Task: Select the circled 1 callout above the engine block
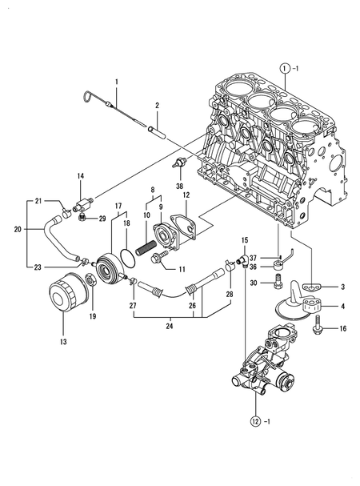[283, 68]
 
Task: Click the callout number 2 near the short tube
[158, 106]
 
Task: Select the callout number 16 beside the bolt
[341, 328]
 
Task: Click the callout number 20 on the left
[18, 229]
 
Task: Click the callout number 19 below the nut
[93, 317]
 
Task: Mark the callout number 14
[80, 176]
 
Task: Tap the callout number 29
[102, 219]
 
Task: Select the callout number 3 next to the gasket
[342, 287]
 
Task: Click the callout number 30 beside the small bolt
[254, 283]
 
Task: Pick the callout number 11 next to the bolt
[182, 269]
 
